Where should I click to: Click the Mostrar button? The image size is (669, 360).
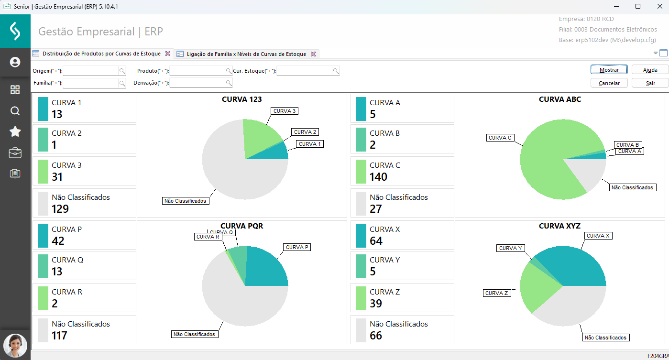[x=609, y=70]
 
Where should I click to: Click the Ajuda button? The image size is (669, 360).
[x=650, y=70]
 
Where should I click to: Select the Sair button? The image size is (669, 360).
[x=650, y=83]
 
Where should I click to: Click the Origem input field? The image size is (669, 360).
[x=91, y=71]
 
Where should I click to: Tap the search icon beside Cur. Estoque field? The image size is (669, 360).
[x=336, y=71]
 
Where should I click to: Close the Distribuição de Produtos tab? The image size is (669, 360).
[x=167, y=54]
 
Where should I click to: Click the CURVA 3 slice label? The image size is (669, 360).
[x=285, y=111]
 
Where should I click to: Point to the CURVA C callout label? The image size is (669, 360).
[x=500, y=138]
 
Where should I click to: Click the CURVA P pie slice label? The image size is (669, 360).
[x=297, y=247]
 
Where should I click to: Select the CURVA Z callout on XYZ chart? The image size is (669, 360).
[x=496, y=293]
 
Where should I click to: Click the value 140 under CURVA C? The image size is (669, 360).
[x=378, y=177]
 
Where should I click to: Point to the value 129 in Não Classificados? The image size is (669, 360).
[x=60, y=209]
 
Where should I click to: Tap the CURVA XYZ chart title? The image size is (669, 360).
[x=559, y=226]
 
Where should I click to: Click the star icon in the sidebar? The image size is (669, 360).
[x=15, y=132]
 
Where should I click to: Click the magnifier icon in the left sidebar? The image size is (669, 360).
[x=15, y=111]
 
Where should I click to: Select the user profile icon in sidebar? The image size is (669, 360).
[x=15, y=62]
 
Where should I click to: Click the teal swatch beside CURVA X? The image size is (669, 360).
[x=361, y=236]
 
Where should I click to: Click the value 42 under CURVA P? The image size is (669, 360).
[x=58, y=241]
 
